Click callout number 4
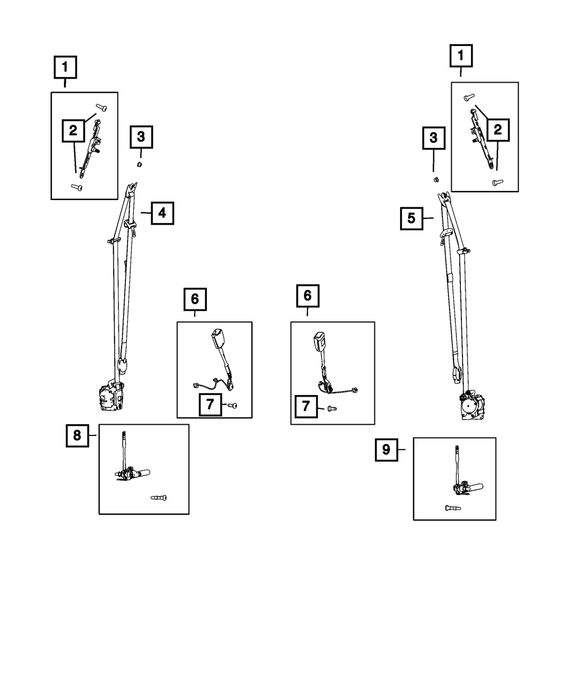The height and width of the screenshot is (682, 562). point(162,213)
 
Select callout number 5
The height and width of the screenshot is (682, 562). point(411,219)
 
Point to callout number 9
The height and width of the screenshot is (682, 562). point(386,449)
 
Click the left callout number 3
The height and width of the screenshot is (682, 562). point(141,136)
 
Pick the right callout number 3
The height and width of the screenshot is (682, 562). point(433,138)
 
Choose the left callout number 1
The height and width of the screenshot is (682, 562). point(65,68)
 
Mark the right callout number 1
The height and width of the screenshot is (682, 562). point(461,56)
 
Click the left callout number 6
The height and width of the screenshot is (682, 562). point(195,299)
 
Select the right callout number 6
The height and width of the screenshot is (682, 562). point(307,295)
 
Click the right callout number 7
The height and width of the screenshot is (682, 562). point(306,406)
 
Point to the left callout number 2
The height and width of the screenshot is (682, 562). point(73,132)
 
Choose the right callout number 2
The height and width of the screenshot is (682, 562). point(497,130)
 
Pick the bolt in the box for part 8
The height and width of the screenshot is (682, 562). point(159,497)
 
